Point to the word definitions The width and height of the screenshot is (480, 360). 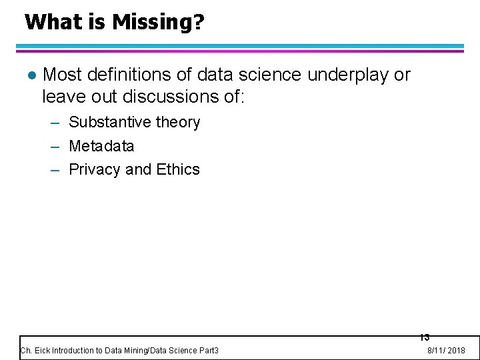pyautogui.click(x=124, y=75)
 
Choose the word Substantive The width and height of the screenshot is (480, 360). pyautogui.click(x=109, y=122)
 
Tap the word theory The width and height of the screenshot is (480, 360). pyautogui.click(x=177, y=123)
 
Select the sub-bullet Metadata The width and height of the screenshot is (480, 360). pyautogui.click(x=101, y=145)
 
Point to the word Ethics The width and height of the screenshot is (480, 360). pyautogui.click(x=178, y=169)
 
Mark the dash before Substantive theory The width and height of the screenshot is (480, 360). pyautogui.click(x=57, y=123)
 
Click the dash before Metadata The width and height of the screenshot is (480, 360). pyautogui.click(x=57, y=146)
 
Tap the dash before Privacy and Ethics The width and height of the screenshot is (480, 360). pyautogui.click(x=57, y=170)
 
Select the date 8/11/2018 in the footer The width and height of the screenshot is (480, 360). pyautogui.click(x=446, y=351)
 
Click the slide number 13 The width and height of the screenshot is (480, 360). pyautogui.click(x=425, y=337)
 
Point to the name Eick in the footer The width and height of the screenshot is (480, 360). pyautogui.click(x=41, y=351)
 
